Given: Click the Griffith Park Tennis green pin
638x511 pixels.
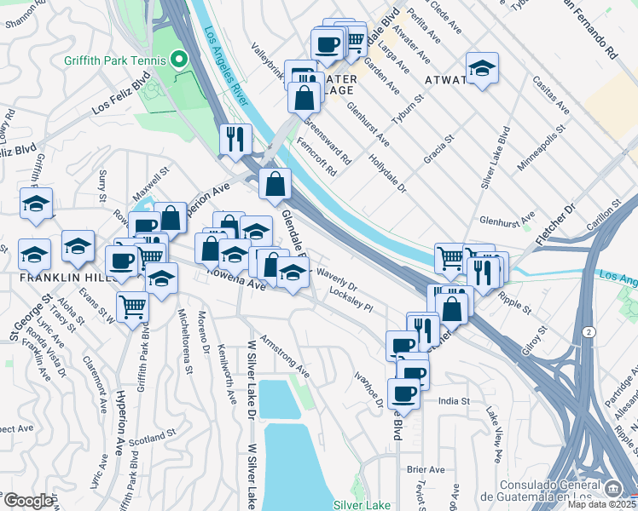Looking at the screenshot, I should (179, 60).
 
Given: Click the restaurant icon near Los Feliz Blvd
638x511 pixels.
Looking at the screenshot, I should (234, 139).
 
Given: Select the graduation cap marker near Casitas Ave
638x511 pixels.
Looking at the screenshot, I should (482, 68).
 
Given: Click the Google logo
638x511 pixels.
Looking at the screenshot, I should (28, 501).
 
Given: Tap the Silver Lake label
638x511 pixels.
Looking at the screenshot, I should (362, 505).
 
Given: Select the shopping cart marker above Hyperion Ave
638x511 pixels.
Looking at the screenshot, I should (132, 306).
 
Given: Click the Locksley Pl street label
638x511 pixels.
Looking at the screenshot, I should (351, 300).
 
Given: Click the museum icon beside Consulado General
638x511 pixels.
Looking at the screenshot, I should (613, 488).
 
